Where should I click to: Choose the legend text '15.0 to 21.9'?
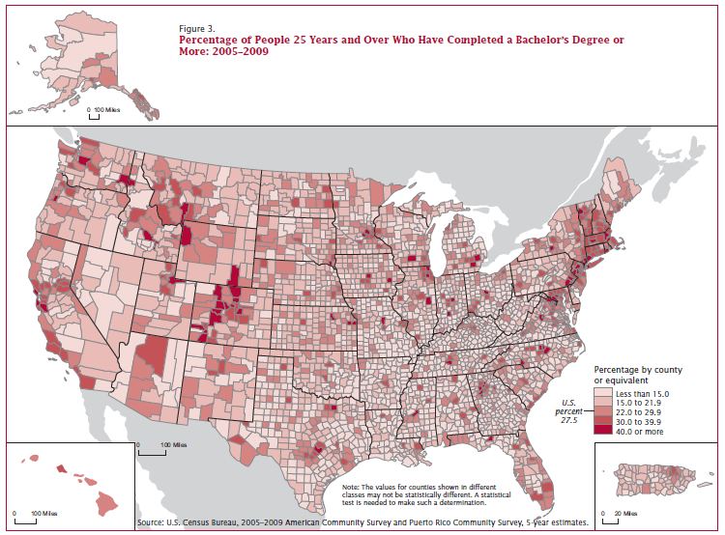click(x=643, y=405)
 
